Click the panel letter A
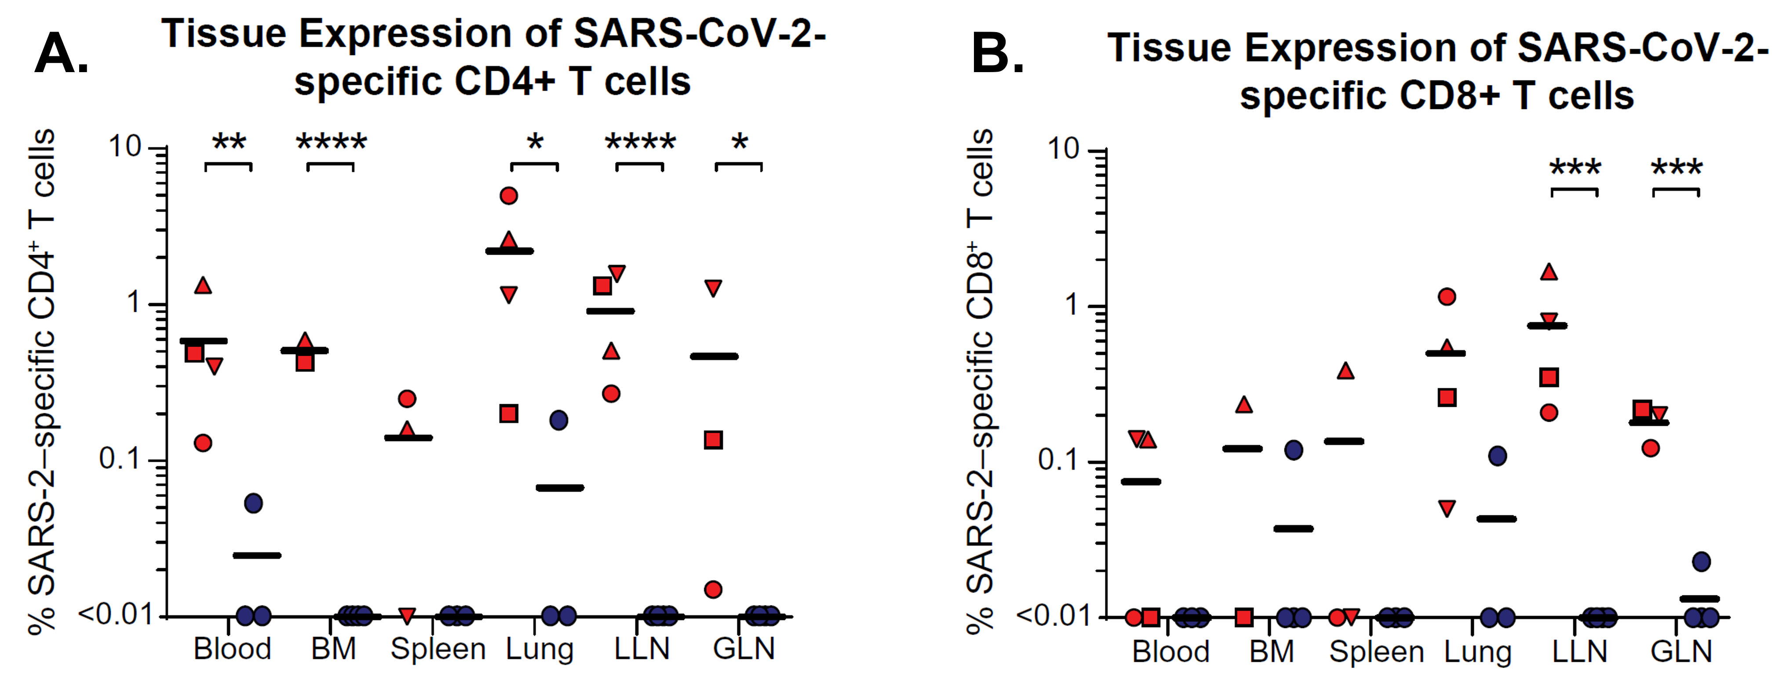[61, 55]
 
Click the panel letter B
[997, 55]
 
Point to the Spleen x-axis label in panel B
[1376, 651]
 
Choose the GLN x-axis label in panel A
[744, 649]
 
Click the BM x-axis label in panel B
[1271, 651]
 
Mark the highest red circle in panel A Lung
[508, 196]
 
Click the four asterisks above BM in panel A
[331, 142]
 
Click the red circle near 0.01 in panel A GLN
[713, 590]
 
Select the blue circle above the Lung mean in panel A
[558, 420]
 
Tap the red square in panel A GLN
[713, 440]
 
